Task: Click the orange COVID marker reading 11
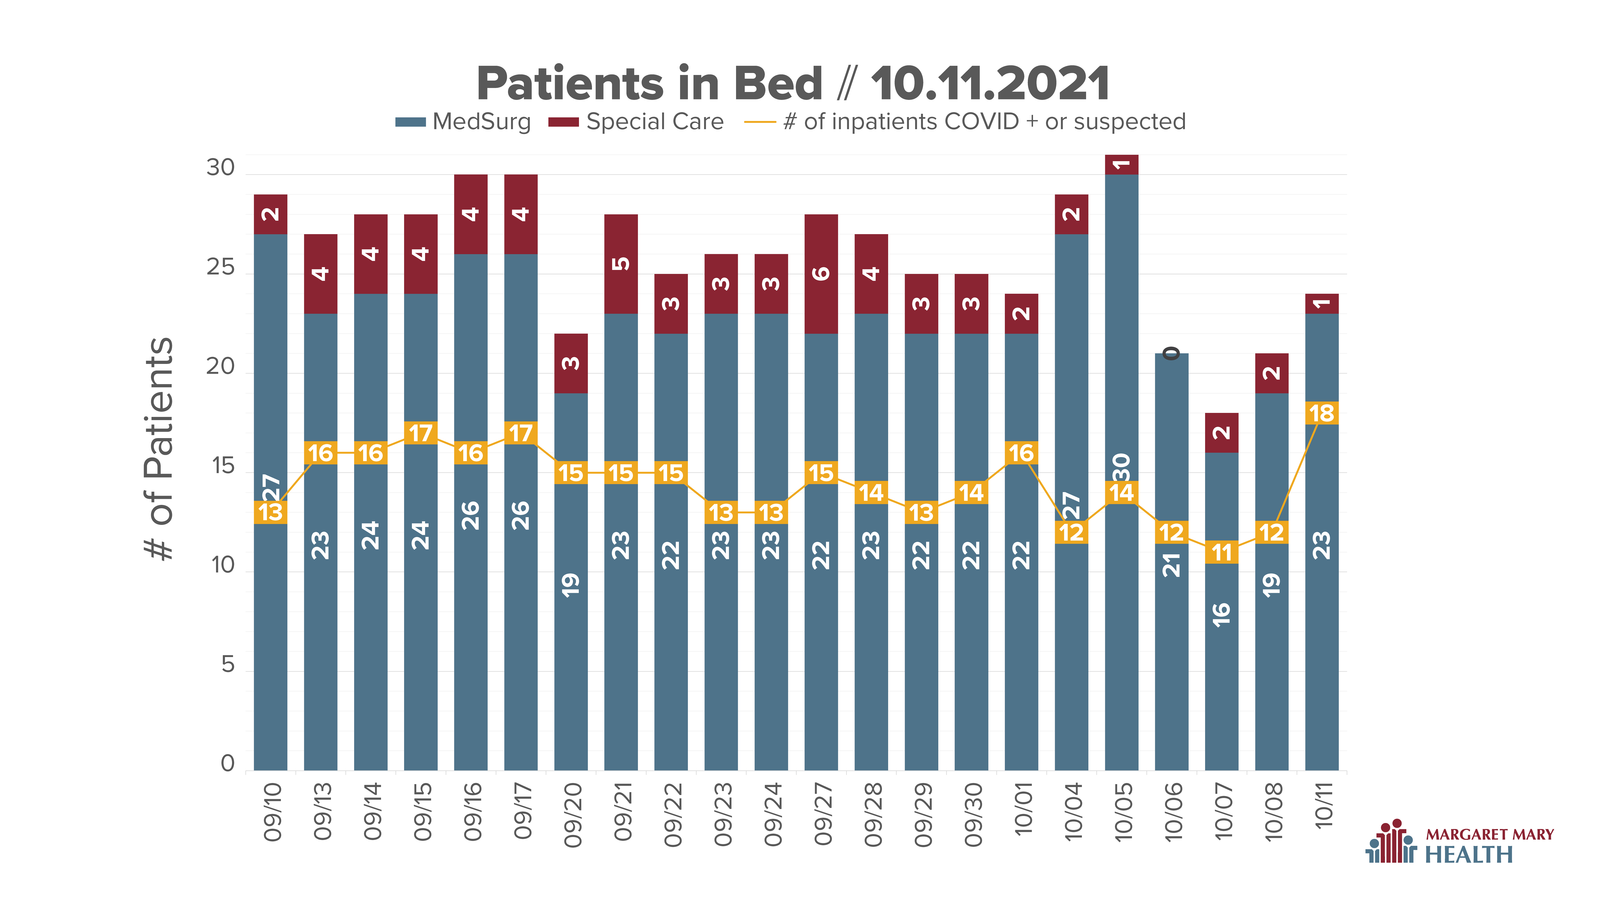click(1222, 552)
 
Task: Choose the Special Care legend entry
click(636, 122)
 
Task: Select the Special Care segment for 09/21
click(621, 264)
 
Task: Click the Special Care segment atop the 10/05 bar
click(1122, 165)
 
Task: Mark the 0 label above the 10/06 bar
click(1171, 353)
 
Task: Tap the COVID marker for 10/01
click(1021, 453)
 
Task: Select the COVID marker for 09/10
click(271, 512)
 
